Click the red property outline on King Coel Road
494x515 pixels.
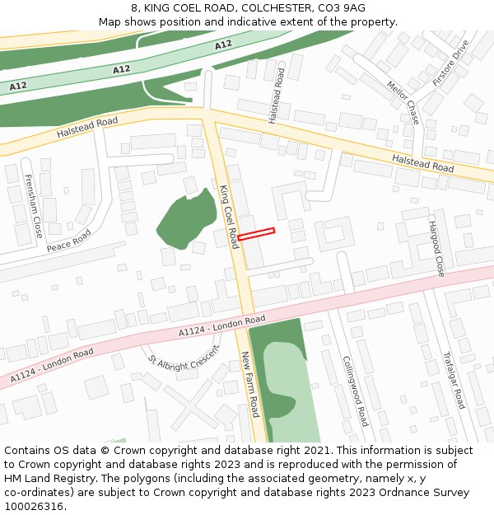pos(256,234)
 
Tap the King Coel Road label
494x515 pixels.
pos(228,217)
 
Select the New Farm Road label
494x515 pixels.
pos(250,384)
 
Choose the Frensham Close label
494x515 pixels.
pos(33,206)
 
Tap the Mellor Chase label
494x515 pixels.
pos(403,102)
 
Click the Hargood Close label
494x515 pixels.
pos(436,248)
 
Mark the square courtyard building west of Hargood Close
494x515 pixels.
pos(333,234)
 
